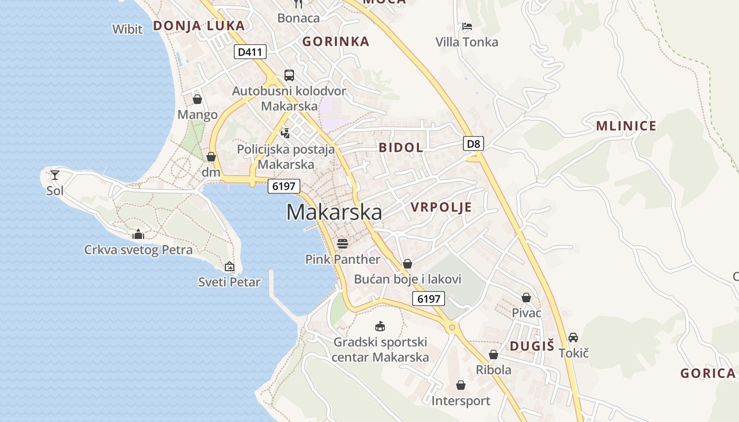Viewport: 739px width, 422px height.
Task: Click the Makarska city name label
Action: click(x=334, y=212)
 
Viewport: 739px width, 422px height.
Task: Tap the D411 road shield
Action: click(x=250, y=52)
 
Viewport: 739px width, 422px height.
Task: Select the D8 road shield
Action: click(x=473, y=143)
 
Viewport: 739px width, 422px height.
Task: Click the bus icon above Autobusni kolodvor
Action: click(x=289, y=75)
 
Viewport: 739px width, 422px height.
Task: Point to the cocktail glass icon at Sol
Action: click(x=55, y=175)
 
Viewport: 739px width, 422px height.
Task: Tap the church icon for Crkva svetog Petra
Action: click(x=138, y=234)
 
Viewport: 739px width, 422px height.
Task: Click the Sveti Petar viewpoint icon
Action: click(x=229, y=266)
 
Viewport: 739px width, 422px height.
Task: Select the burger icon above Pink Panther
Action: click(x=343, y=243)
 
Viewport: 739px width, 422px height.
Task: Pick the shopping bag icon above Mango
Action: click(x=197, y=99)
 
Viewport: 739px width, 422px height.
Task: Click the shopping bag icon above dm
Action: click(x=211, y=157)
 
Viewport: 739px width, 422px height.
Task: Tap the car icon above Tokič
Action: click(x=573, y=337)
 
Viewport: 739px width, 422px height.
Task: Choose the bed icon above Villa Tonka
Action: click(x=467, y=26)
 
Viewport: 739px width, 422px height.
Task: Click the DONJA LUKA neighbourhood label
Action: click(x=199, y=25)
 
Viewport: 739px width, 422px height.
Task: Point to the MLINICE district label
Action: click(x=626, y=126)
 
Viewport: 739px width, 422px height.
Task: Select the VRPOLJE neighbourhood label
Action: click(x=441, y=207)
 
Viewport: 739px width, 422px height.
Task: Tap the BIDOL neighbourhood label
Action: click(x=401, y=147)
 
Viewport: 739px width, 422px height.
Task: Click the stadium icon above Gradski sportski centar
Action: click(x=380, y=326)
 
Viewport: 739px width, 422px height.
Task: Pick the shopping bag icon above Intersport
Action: click(x=461, y=385)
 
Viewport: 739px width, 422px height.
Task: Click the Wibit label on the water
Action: click(x=127, y=29)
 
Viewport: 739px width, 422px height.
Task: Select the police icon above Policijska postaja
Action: click(x=286, y=133)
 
